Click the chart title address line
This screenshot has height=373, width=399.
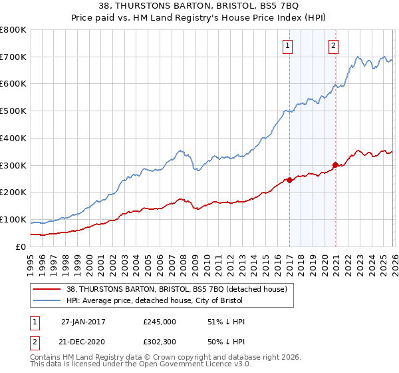pos(199,7)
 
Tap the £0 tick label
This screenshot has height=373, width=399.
pos(20,246)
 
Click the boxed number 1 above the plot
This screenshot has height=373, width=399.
pos(288,46)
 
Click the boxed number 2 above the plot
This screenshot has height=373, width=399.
pos(333,46)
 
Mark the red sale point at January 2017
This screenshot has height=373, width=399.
pos(289,180)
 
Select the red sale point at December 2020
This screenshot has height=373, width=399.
pos(336,165)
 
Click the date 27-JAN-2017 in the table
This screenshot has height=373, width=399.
pos(83,322)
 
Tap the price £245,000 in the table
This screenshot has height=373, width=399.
pos(159,322)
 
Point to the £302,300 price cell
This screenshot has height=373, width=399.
pos(159,342)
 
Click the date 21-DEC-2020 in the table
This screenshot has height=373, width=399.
pos(83,342)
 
